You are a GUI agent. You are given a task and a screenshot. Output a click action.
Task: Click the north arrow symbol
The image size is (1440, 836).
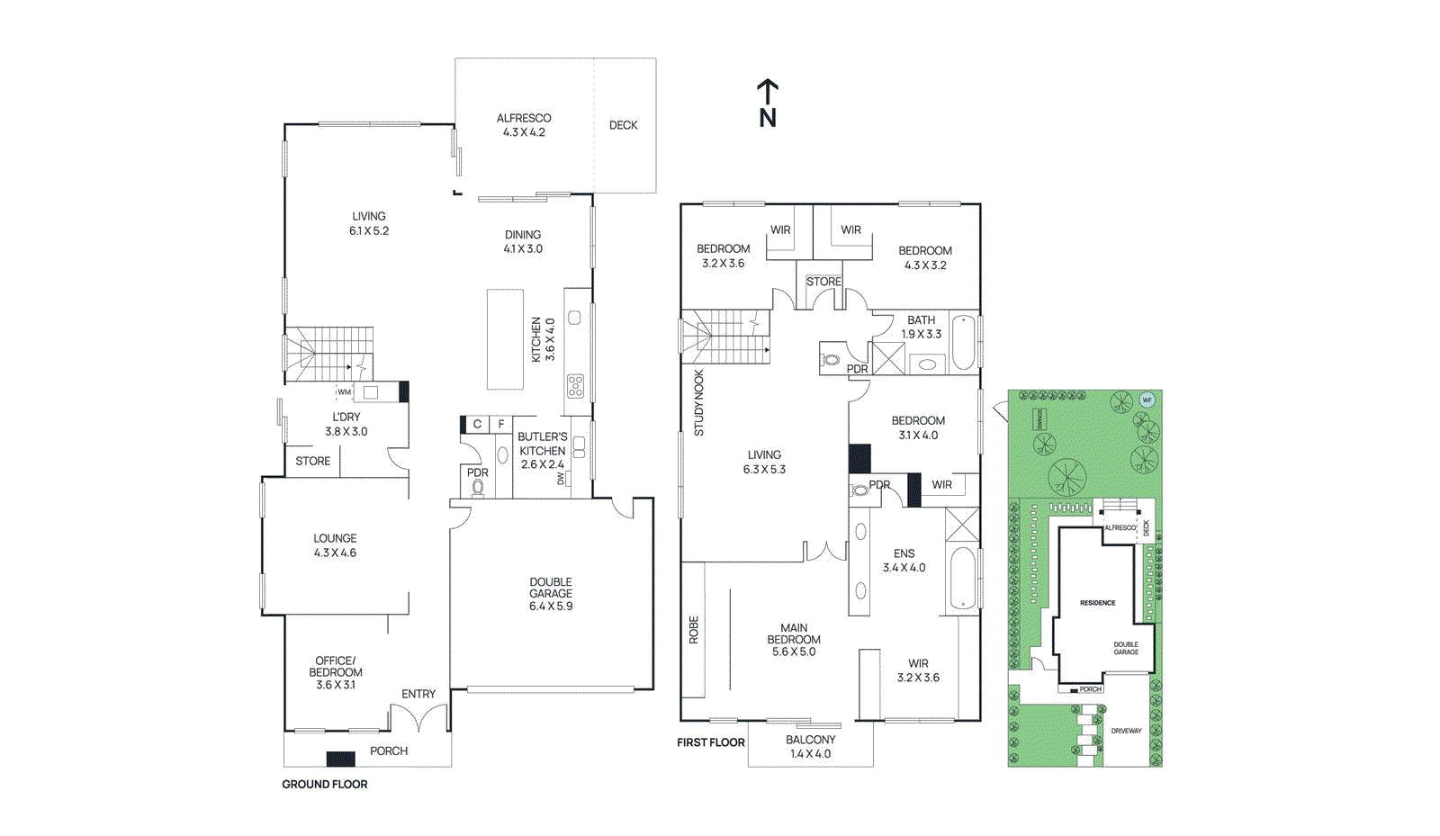[767, 103]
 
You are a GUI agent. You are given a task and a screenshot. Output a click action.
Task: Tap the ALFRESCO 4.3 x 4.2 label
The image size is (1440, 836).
[524, 125]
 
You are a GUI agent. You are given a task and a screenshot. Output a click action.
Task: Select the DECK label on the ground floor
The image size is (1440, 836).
[623, 125]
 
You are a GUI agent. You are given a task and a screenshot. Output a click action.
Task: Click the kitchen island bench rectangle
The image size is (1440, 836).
[505, 339]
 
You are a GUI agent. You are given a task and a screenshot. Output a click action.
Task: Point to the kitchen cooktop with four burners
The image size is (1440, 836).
[575, 386]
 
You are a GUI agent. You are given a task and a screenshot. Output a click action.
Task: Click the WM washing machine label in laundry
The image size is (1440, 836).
[344, 392]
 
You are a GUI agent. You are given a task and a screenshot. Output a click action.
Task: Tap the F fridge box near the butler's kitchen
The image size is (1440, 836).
[501, 424]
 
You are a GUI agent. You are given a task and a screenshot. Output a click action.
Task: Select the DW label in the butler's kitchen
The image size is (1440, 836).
[561, 479]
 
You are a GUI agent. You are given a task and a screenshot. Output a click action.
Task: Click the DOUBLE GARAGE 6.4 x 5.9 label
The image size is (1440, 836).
[551, 594]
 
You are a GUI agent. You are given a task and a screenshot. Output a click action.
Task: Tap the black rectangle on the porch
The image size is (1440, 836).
[340, 759]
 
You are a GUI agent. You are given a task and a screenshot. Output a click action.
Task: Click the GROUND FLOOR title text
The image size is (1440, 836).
[325, 785]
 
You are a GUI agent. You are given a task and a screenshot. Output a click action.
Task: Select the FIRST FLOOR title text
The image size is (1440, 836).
[711, 742]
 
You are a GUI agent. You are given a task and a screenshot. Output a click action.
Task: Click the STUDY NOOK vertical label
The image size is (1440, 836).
[699, 403]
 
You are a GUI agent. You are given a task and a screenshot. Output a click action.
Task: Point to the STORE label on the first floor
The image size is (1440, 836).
[823, 282]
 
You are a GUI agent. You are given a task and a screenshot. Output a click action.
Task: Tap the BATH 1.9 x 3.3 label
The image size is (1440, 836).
[921, 327]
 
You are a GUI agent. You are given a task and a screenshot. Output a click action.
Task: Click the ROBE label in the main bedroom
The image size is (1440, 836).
[694, 629]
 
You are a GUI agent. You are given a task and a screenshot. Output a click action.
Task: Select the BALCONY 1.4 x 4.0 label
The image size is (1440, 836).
[810, 747]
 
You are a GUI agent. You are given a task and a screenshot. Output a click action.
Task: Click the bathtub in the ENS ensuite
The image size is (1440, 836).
[962, 579]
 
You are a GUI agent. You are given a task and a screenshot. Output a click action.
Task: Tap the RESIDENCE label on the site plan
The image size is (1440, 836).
[1097, 603]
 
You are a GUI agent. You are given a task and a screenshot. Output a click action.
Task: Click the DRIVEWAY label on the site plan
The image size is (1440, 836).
[1126, 731]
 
